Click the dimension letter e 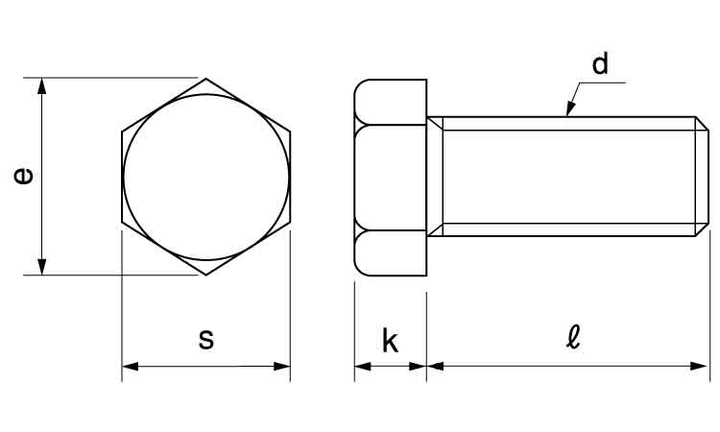pos(23,177)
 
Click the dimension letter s pos(206,339)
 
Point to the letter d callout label pos(600,63)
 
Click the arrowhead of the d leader pos(570,109)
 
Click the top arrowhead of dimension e pos(42,85)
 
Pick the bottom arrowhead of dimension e pos(42,267)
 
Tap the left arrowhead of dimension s pos(130,367)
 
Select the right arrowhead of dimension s pos(282,367)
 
